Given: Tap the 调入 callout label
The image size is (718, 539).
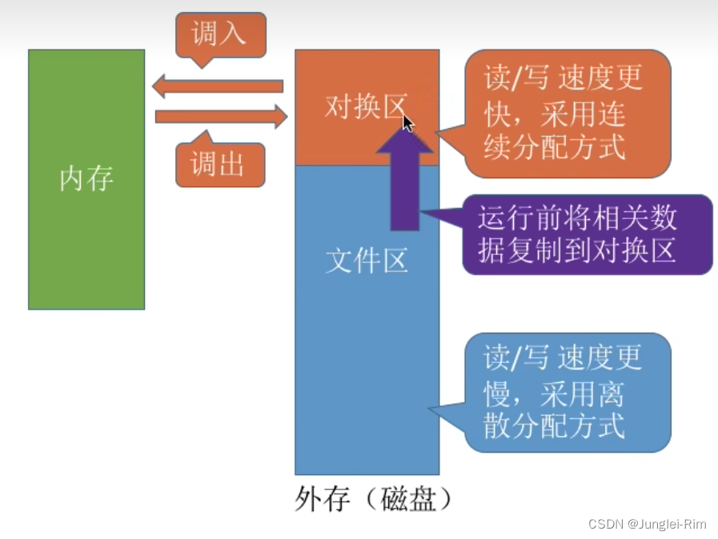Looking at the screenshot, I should (x=219, y=34).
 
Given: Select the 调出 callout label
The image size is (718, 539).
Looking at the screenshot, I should (x=219, y=164).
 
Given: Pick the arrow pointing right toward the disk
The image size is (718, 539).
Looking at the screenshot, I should (x=221, y=117).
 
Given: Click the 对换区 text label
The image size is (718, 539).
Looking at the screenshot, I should (x=365, y=106).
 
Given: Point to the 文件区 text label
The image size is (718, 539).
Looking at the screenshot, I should (x=367, y=260).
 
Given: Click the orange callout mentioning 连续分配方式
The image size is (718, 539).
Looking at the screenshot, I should (x=567, y=113).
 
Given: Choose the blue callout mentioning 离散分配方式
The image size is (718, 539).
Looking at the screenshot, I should (x=567, y=392).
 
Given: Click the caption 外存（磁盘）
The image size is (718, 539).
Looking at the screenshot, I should (x=374, y=499).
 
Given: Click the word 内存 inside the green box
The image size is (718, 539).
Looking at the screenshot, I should (x=86, y=178).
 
